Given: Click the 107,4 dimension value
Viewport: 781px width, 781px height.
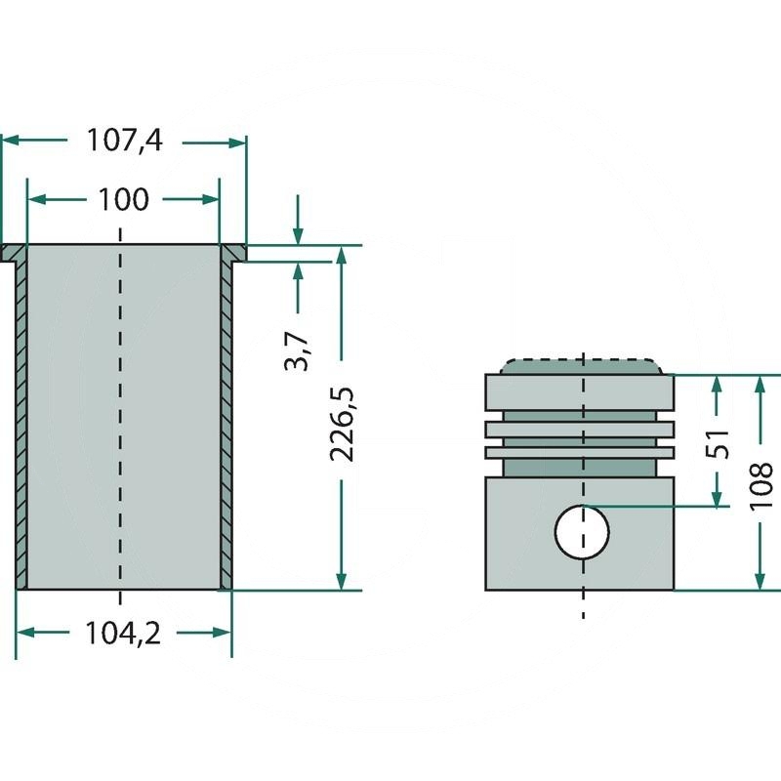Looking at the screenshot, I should click(123, 142).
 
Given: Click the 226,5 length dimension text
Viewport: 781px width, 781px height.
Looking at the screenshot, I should click(342, 424).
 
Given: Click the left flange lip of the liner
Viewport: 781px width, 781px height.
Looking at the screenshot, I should click(13, 254).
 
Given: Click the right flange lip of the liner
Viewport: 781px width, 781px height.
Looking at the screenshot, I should click(235, 254).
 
